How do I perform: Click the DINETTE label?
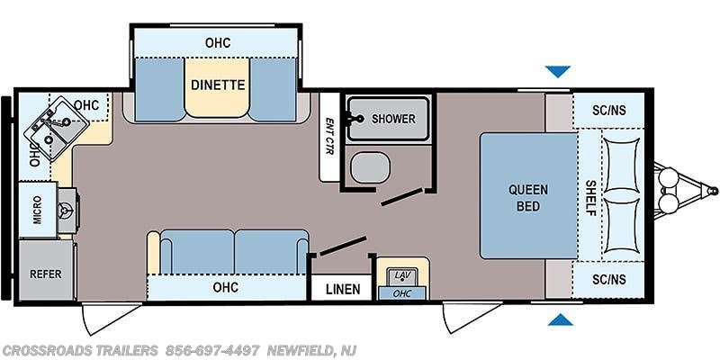coord(218,85)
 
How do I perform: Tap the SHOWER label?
coord(393,119)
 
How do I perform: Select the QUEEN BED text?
coord(528,198)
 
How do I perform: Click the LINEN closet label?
coord(343,289)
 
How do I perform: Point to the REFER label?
coord(46,274)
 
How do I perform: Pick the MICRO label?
coord(37,210)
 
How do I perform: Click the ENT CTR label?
coord(329,136)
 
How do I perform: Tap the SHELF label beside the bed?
coord(590,198)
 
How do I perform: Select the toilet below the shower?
coord(370,167)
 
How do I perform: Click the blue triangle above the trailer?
coord(558,72)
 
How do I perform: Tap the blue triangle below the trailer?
coord(560,319)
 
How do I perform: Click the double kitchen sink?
coord(57,129)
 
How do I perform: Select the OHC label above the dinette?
coord(218,43)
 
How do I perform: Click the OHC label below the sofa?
coord(226,287)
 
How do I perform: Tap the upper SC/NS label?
coord(609,110)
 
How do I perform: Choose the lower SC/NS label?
coord(609,280)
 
